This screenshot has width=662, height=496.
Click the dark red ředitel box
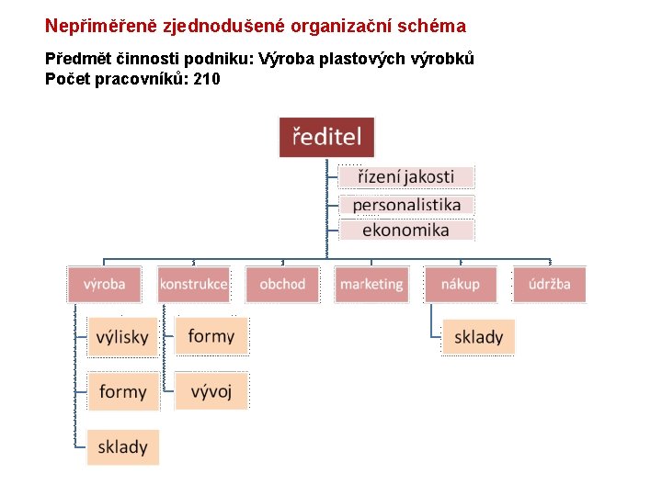[x=326, y=137]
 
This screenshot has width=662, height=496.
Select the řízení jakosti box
[x=406, y=176]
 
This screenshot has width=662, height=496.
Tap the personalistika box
[x=406, y=204]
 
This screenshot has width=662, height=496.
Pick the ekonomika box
[x=406, y=230]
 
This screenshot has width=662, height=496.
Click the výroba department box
[x=104, y=284]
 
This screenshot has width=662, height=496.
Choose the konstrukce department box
[x=193, y=284]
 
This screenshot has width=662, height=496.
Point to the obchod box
[x=282, y=284]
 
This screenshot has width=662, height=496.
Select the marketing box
[x=371, y=284]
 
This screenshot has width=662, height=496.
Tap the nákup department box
[x=461, y=284]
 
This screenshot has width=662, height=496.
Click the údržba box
[x=549, y=284]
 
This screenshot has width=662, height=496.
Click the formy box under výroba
[x=122, y=392]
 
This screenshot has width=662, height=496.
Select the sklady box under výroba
[x=122, y=447]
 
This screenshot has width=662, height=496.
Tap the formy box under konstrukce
[x=211, y=336]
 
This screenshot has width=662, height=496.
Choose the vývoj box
[x=211, y=392]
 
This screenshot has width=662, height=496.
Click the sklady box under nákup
[x=478, y=337]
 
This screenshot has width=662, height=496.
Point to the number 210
[x=207, y=79]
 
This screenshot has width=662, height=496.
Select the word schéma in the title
[x=432, y=26]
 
